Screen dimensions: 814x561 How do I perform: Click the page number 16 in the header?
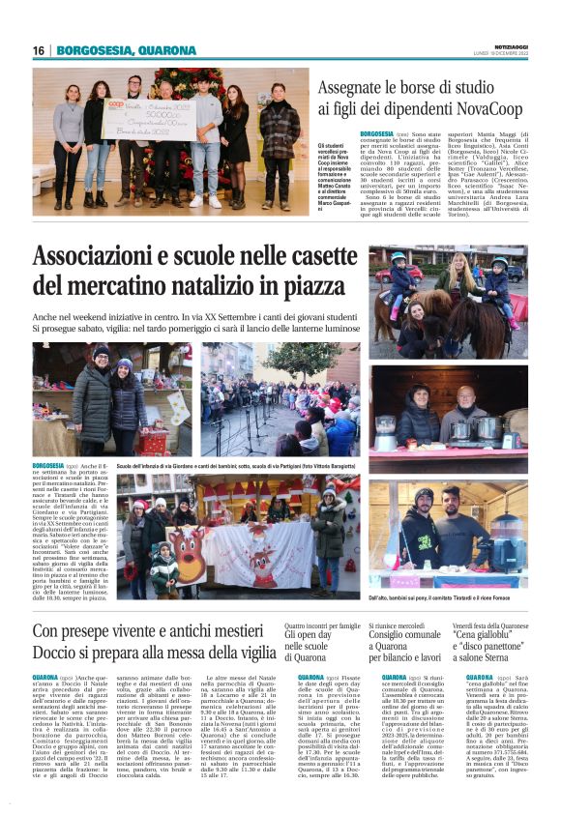[39, 50]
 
